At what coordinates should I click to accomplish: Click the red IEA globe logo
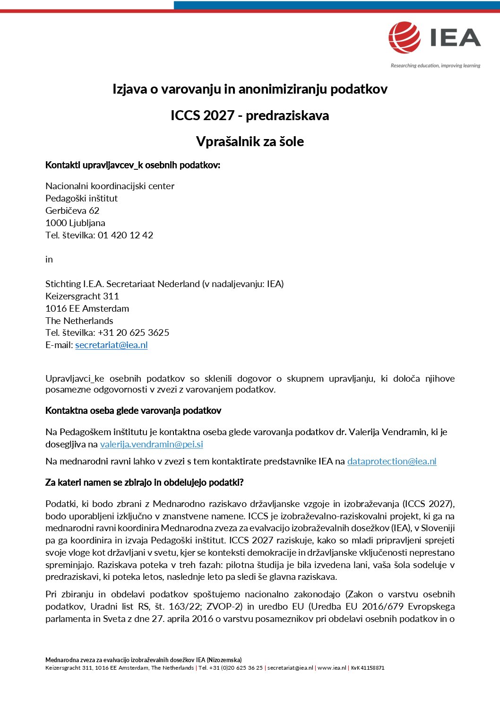pyautogui.click(x=405, y=37)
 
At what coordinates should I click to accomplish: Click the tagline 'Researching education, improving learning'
pyautogui.click(x=435, y=66)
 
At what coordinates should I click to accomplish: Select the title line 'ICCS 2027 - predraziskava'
pyautogui.click(x=250, y=115)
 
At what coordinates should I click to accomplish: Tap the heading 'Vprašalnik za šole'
pyautogui.click(x=250, y=141)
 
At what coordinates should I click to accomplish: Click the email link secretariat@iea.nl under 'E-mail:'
pyautogui.click(x=112, y=345)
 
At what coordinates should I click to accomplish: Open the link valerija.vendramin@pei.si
pyautogui.click(x=152, y=445)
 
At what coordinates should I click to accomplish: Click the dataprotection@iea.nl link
pyautogui.click(x=392, y=462)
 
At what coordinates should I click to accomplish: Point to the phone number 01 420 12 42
pyautogui.click(x=125, y=236)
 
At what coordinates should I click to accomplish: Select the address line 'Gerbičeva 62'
pyautogui.click(x=72, y=211)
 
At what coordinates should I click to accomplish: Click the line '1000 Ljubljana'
pyautogui.click(x=75, y=223)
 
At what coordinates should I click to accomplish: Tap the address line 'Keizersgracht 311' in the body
pyautogui.click(x=82, y=297)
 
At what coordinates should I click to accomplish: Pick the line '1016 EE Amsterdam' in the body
pyautogui.click(x=87, y=309)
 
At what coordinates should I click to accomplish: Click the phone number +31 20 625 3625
pyautogui.click(x=133, y=333)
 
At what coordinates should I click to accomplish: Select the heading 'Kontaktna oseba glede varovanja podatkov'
pyautogui.click(x=133, y=411)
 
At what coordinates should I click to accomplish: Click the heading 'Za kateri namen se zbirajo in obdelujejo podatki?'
pyautogui.click(x=144, y=482)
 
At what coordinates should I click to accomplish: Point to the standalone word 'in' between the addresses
pyautogui.click(x=49, y=260)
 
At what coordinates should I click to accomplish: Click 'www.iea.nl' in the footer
pyautogui.click(x=332, y=668)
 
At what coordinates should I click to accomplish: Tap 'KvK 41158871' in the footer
pyautogui.click(x=368, y=668)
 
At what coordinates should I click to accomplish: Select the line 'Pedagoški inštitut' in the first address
pyautogui.click(x=81, y=199)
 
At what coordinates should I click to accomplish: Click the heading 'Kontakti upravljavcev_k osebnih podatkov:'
pyautogui.click(x=133, y=165)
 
